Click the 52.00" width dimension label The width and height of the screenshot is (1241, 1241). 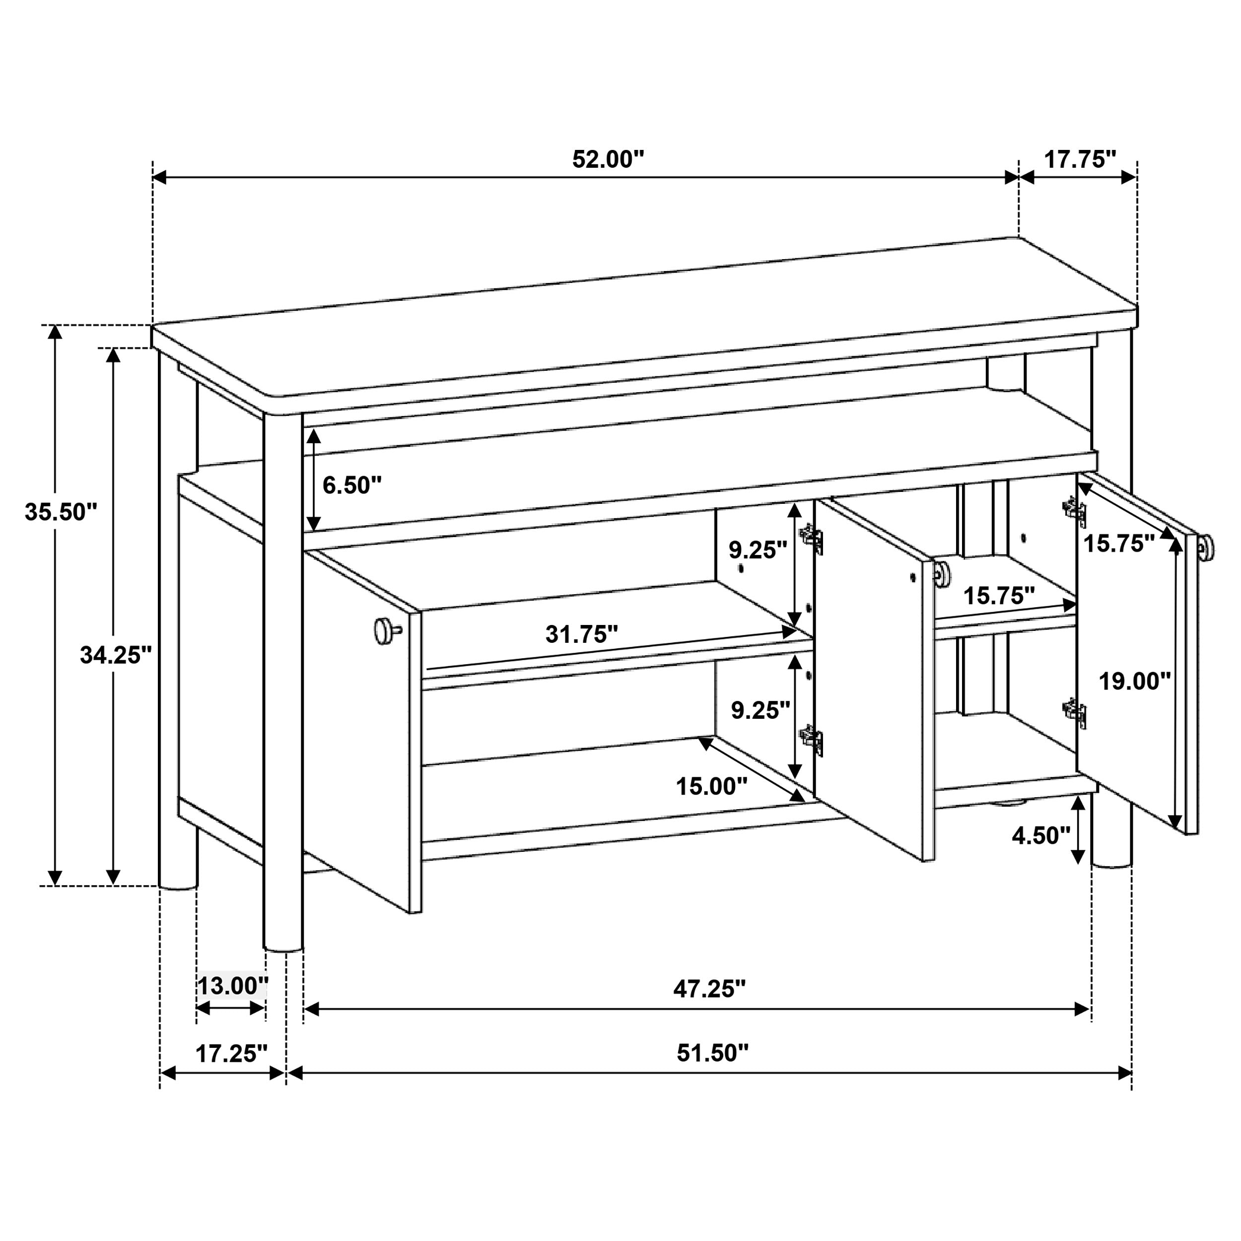[x=607, y=159]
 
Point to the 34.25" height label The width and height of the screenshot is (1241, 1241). [x=116, y=655]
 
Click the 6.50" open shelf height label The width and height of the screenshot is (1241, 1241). [x=351, y=485]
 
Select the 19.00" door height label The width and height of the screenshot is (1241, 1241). [x=1134, y=681]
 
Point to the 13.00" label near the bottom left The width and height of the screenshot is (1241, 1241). [x=232, y=986]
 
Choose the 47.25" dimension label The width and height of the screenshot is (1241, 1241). [x=709, y=989]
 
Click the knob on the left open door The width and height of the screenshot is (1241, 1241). [x=384, y=629]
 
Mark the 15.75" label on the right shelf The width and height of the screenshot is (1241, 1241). [x=999, y=596]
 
